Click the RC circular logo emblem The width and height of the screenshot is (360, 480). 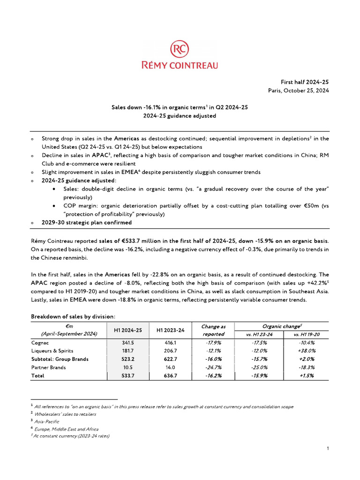tap(180, 49)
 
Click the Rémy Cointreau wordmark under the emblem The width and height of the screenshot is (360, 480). tap(180, 65)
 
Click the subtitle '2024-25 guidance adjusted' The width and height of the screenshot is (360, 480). tap(180, 116)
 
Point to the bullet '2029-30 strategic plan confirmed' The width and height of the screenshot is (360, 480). tap(87, 223)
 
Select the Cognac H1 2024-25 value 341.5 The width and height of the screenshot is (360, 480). tap(128, 343)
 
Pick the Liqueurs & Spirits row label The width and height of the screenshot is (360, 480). tap(52, 351)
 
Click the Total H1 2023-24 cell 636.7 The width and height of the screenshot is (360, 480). tap(171, 376)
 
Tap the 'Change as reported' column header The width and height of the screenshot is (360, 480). tap(213, 330)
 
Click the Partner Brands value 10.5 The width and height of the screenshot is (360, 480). tap(128, 367)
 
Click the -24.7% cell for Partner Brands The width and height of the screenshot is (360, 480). tap(213, 367)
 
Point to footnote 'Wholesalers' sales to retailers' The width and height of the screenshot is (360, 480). tap(65, 414)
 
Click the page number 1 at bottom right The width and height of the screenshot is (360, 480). tap(328, 449)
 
